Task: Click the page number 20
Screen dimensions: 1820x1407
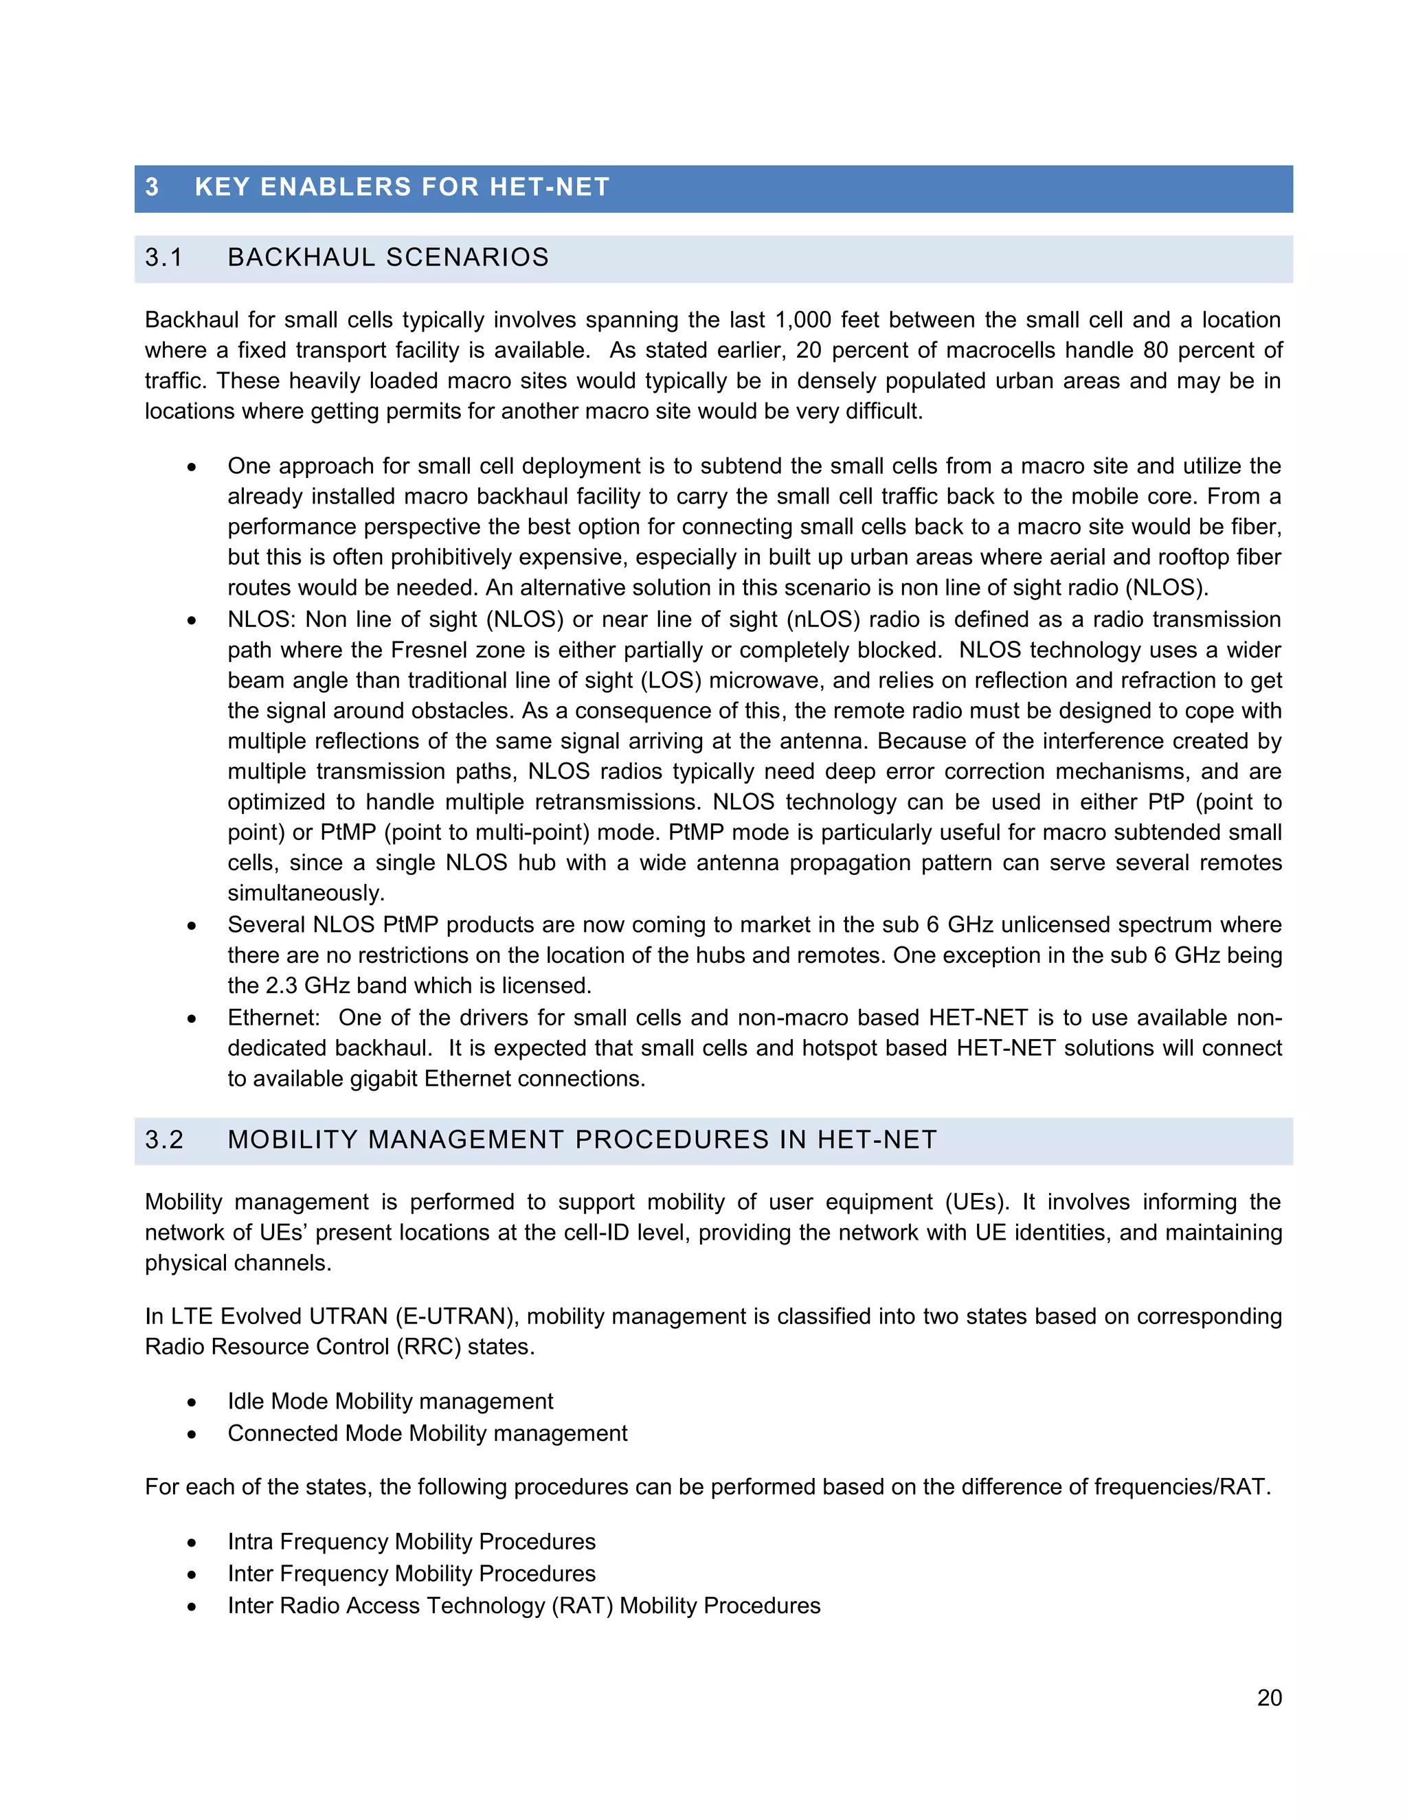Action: tap(1269, 1698)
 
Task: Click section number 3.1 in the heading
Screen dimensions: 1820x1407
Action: tap(164, 258)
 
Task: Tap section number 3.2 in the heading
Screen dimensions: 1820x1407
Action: tap(164, 1139)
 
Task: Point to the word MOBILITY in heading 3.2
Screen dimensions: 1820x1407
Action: tap(293, 1139)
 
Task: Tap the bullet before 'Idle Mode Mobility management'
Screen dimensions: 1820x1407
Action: tap(192, 1402)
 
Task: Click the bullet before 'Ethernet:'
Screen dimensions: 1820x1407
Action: tap(192, 1019)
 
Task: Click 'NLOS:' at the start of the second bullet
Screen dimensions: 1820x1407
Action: tap(261, 619)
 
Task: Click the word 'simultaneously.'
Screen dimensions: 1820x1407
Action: tap(306, 894)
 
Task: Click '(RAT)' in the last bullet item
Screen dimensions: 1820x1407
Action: tap(582, 1606)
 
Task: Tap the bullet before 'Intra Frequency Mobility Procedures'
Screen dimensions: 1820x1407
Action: tap(192, 1543)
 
